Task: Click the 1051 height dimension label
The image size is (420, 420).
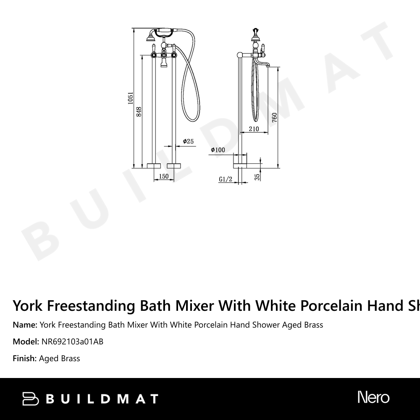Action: pyautogui.click(x=131, y=98)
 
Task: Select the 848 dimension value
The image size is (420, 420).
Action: pyautogui.click(x=139, y=111)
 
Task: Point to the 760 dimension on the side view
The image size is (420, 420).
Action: pyautogui.click(x=274, y=117)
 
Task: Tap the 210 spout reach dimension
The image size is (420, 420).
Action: pyautogui.click(x=254, y=129)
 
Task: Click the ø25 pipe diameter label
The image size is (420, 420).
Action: pyautogui.click(x=188, y=142)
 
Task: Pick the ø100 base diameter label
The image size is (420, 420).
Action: pyautogui.click(x=218, y=150)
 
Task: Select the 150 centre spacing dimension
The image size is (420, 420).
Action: pyautogui.click(x=164, y=176)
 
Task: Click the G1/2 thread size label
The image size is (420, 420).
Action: pyautogui.click(x=226, y=179)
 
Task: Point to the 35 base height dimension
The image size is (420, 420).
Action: pyautogui.click(x=257, y=176)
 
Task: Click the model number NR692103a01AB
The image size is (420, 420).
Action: pyautogui.click(x=72, y=341)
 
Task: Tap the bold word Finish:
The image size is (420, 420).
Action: pyautogui.click(x=25, y=358)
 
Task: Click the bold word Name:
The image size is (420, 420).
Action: pyautogui.click(x=25, y=325)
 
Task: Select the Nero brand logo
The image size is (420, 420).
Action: pyautogui.click(x=373, y=397)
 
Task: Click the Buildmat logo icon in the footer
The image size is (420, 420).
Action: pyautogui.click(x=31, y=399)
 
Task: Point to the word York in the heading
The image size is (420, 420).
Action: pyautogui.click(x=27, y=305)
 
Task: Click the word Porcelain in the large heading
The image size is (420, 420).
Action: pyautogui.click(x=331, y=305)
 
